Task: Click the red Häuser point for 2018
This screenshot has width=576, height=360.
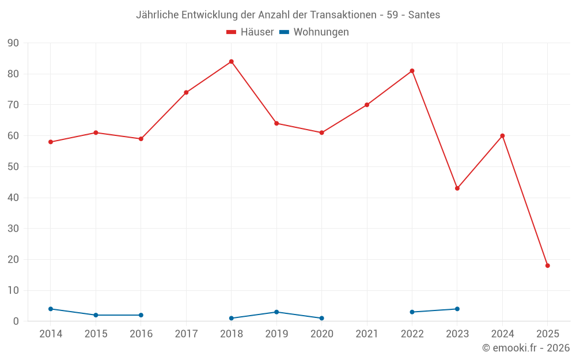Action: coord(232,62)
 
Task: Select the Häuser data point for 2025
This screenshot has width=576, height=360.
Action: coord(548,266)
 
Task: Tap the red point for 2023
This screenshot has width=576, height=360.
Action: coord(457,188)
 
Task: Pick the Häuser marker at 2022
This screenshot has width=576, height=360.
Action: coord(412,71)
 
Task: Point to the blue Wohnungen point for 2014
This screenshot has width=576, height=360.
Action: coord(51,309)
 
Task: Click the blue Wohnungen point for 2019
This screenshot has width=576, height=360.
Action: coord(276,312)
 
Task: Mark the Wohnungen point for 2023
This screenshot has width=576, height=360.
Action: coord(457,309)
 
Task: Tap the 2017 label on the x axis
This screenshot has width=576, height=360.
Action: coord(186,334)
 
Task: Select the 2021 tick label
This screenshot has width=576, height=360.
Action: coord(367,334)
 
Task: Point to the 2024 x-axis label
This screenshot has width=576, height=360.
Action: coord(502,334)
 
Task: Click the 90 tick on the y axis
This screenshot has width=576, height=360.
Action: coord(13,43)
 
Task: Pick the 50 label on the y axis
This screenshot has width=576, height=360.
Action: coord(13,167)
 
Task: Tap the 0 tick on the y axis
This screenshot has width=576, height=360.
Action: coord(16,321)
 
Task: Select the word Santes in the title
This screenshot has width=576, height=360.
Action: coord(424,15)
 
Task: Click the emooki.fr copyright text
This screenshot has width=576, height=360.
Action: coord(526,348)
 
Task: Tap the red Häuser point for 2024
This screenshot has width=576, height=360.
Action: coord(502,136)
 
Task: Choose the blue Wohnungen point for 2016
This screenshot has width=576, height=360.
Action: coord(141,315)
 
